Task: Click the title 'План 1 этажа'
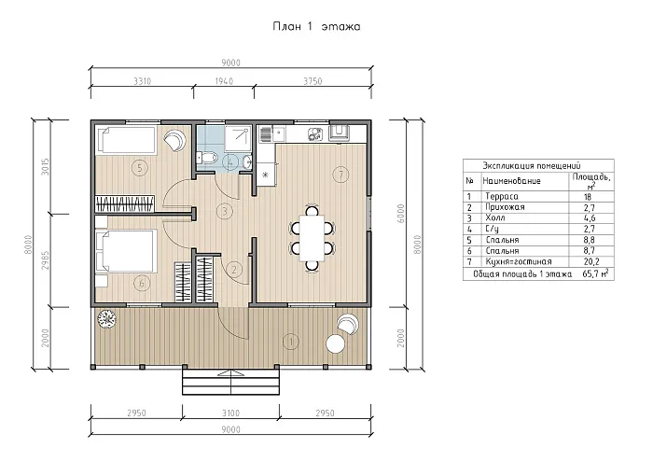(316, 27)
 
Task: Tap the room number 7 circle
(341, 174)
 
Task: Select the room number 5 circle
(140, 168)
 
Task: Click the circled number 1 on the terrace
(291, 342)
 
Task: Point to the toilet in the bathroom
(207, 158)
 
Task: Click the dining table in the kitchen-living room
(312, 238)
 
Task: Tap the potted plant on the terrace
(107, 319)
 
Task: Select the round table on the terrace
(336, 343)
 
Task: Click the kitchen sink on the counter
(278, 133)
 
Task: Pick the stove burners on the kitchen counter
(315, 134)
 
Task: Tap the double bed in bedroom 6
(127, 250)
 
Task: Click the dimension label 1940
(224, 81)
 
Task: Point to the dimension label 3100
(230, 413)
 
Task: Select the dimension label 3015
(46, 167)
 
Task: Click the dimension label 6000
(400, 214)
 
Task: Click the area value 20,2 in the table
(591, 261)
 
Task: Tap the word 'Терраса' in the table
(502, 196)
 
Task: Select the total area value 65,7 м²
(595, 273)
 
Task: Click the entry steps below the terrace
(230, 382)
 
